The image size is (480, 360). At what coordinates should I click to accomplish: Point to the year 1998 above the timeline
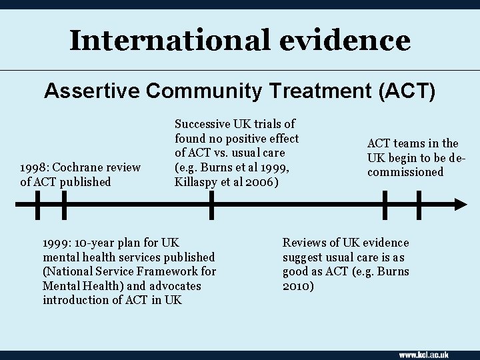(33, 167)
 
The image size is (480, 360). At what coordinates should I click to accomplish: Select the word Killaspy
(196, 182)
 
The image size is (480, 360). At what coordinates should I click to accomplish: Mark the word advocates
(177, 286)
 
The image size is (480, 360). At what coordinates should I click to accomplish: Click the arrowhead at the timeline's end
(460, 205)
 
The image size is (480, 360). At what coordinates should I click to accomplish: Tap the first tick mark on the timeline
(37, 205)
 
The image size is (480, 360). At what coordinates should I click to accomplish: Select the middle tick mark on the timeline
(211, 205)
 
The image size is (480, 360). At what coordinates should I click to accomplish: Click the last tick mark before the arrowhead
(419, 205)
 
